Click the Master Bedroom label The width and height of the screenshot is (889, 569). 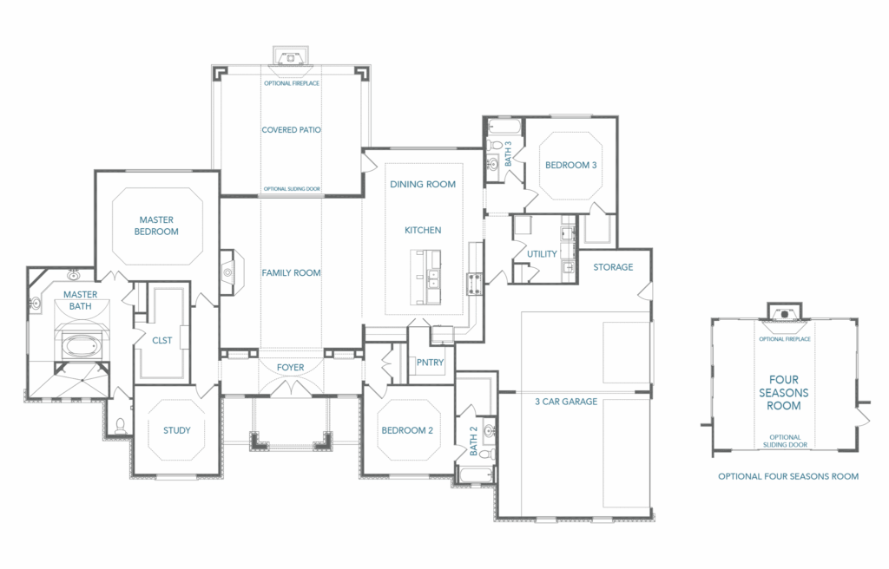coord(156,226)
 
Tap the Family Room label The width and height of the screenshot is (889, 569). coord(291,272)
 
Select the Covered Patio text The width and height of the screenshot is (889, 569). coord(291,130)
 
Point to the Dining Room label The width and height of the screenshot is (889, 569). coord(423,184)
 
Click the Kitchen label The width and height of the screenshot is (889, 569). coord(423,230)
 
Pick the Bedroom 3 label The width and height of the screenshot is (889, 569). coord(571,165)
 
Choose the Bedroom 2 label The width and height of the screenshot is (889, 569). coord(407,430)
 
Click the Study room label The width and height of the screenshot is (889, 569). coord(177,430)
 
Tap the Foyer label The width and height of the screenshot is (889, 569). coord(290,367)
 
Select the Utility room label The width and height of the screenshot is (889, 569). coord(542,254)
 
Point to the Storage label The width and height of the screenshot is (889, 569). coord(613,267)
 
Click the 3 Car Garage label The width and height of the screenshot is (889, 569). coord(566,402)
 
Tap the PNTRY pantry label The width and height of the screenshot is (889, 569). coord(430,363)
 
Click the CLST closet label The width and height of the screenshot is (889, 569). coord(162,340)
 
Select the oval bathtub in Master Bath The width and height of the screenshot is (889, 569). coord(81,345)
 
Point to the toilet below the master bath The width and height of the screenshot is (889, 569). coord(120,425)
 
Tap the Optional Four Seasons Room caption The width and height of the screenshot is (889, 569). coord(788,476)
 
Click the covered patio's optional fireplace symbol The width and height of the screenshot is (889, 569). coord(290,58)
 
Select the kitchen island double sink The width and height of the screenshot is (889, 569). coord(434,278)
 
